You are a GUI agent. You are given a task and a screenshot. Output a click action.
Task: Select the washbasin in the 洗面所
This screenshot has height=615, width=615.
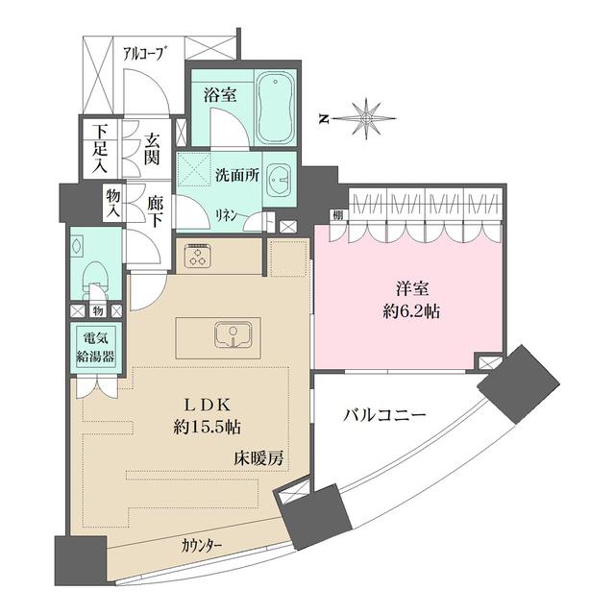tap(280, 179)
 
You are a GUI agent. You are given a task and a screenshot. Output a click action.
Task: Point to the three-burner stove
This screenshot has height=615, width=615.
tap(199, 256)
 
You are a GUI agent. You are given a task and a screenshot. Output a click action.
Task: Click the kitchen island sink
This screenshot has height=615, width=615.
tap(231, 335)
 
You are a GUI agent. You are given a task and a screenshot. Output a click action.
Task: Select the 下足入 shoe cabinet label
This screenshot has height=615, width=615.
tap(99, 147)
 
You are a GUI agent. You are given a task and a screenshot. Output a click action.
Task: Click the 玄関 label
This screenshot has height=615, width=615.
tap(152, 148)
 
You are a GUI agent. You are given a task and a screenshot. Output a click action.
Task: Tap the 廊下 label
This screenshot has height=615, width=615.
tap(155, 211)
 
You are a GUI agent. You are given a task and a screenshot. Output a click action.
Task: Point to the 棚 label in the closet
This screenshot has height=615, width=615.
tap(339, 213)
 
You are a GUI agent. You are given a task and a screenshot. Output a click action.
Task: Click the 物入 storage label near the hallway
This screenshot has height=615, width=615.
tap(112, 203)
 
